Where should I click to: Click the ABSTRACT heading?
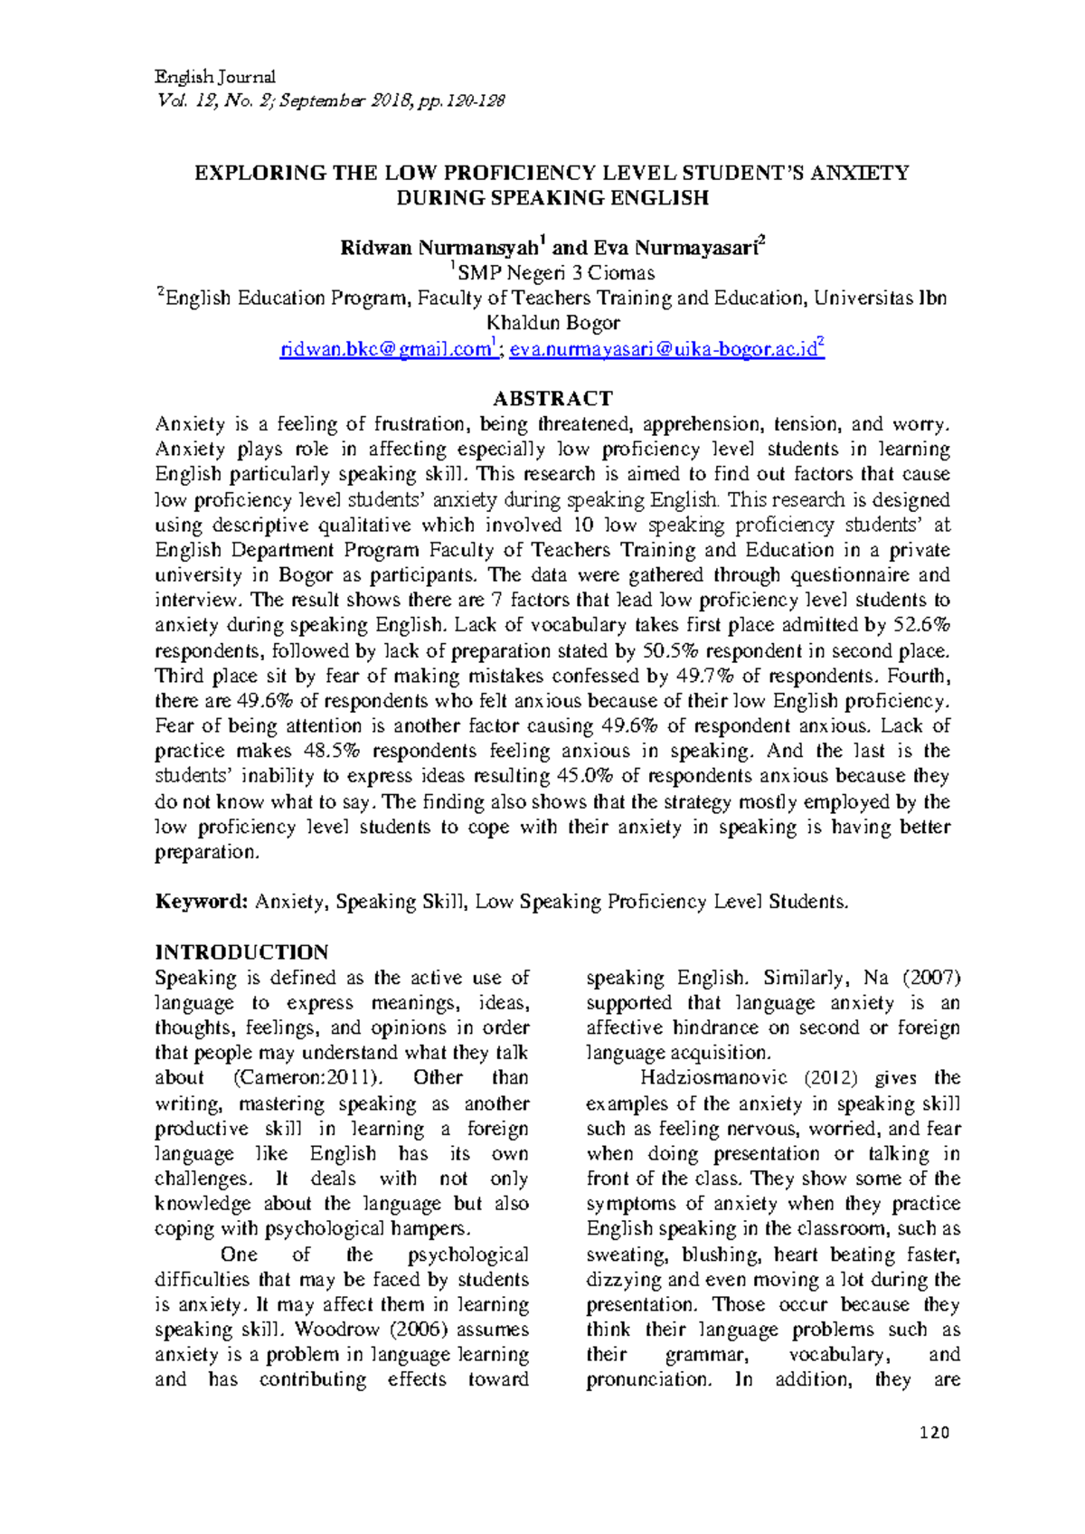click(x=552, y=399)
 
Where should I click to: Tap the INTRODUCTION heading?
click(x=241, y=952)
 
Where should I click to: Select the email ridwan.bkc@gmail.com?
click(x=385, y=350)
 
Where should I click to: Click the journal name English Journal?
click(x=215, y=77)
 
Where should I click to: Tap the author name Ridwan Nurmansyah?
click(x=439, y=248)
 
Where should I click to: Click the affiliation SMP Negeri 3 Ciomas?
click(x=556, y=273)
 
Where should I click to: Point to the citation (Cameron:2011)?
click(x=308, y=1078)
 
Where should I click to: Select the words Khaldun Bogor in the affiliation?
click(x=552, y=324)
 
